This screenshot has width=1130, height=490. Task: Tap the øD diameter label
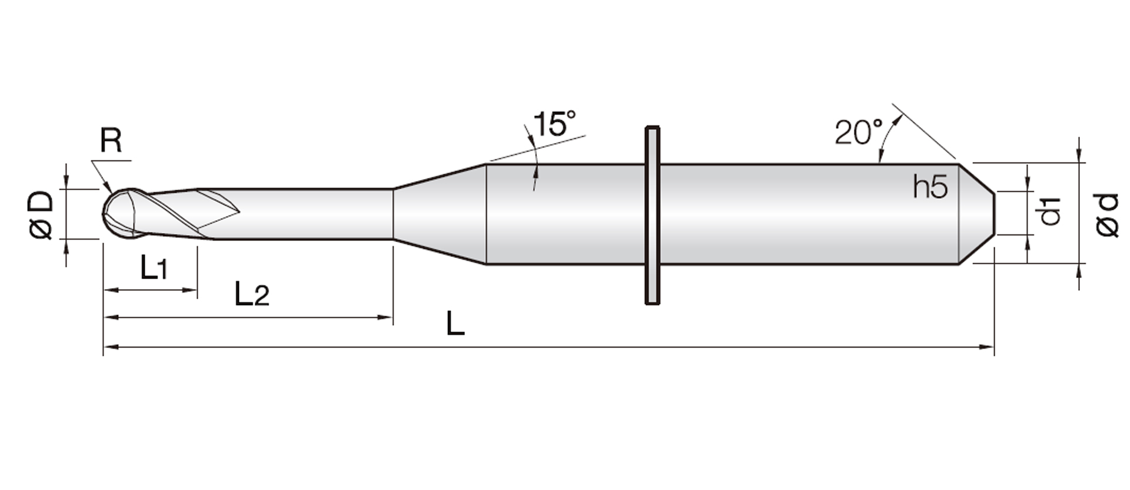[x=41, y=214]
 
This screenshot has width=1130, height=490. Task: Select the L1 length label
[x=154, y=267]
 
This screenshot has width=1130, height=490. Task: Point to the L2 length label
[x=252, y=293]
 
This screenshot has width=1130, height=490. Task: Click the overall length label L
[x=456, y=323]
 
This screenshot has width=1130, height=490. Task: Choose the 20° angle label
[x=859, y=132]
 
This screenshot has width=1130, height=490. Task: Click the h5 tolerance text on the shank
[x=930, y=187]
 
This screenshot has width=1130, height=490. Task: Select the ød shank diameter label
[x=1108, y=215]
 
